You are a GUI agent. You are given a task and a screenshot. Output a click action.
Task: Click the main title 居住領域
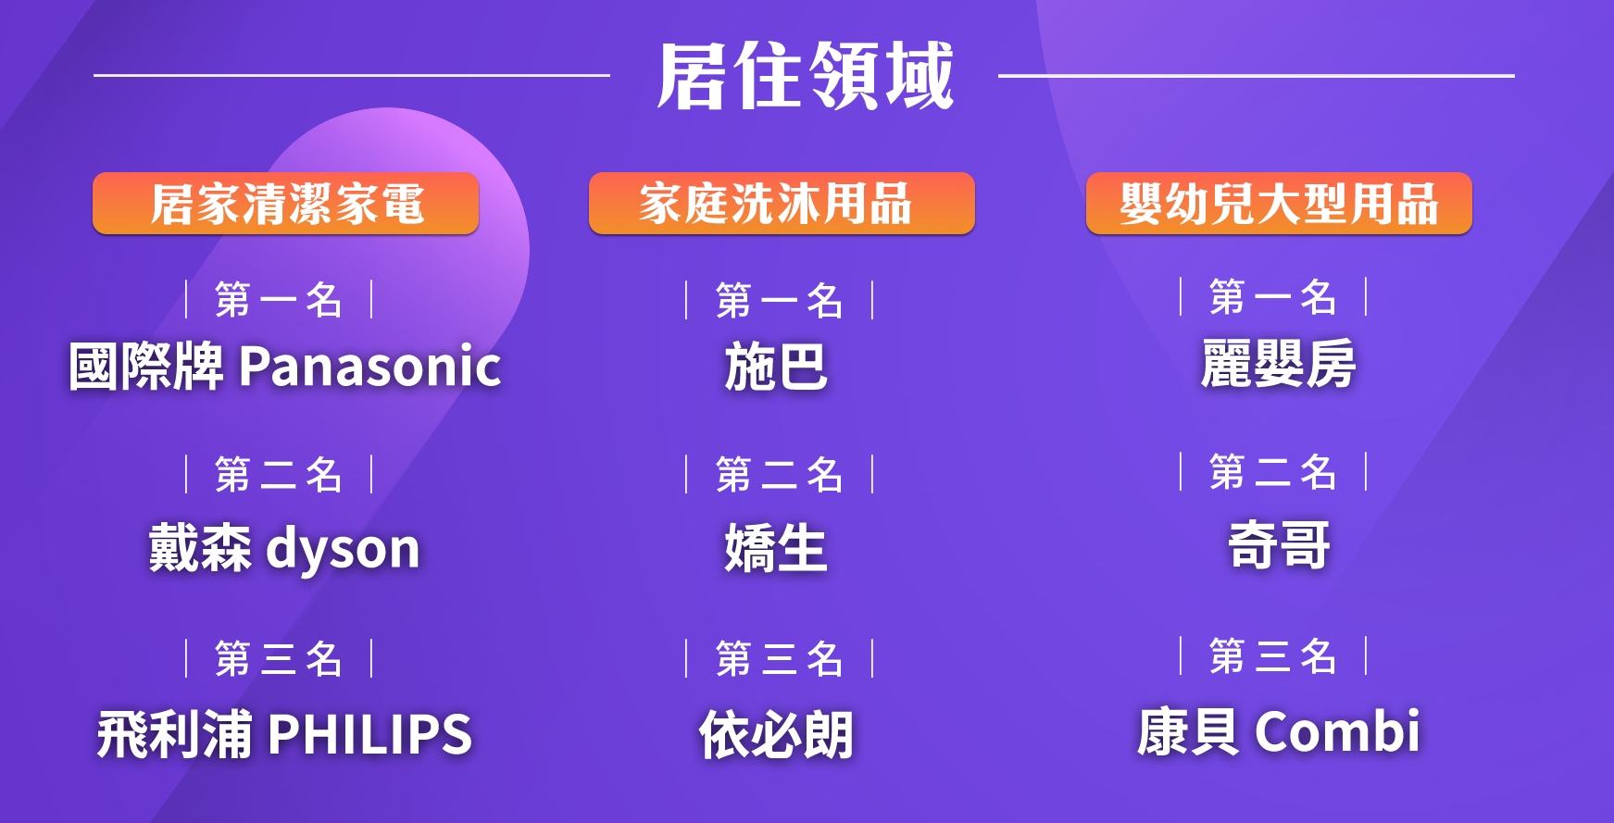[x=805, y=76]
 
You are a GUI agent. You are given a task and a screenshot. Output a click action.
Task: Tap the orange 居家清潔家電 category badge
[x=285, y=204]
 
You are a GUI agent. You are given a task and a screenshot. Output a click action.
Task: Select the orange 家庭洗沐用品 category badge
[x=782, y=204]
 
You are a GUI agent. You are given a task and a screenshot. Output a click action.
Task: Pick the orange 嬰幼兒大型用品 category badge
[x=1279, y=204]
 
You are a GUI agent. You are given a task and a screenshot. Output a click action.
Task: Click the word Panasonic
[x=370, y=366]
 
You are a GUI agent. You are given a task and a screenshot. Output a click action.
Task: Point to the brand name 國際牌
[x=146, y=366]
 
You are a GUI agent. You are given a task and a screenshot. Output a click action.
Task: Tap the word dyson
[x=344, y=549]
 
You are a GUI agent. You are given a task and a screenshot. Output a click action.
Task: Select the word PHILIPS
[x=370, y=734]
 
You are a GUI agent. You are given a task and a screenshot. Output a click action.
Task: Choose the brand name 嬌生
[x=776, y=549]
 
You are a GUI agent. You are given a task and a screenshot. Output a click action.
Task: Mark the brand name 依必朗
[x=776, y=735]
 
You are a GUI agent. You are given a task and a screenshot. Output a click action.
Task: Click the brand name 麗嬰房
[x=1279, y=364]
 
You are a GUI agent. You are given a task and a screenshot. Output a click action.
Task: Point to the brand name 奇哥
[x=1279, y=545]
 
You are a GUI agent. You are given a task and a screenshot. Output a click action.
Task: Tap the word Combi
[x=1337, y=731]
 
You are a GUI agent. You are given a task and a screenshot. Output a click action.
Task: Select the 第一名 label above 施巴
[x=779, y=301]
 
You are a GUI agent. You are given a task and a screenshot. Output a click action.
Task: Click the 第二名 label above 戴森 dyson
[x=279, y=475]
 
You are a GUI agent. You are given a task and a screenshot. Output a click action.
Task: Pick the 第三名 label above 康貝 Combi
[x=1273, y=656]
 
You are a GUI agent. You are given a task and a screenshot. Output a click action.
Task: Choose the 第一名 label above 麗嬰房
[x=1273, y=297]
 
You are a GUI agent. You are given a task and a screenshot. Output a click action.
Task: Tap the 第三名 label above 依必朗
[x=779, y=659]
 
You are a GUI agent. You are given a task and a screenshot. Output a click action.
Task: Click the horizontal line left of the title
[x=352, y=75]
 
